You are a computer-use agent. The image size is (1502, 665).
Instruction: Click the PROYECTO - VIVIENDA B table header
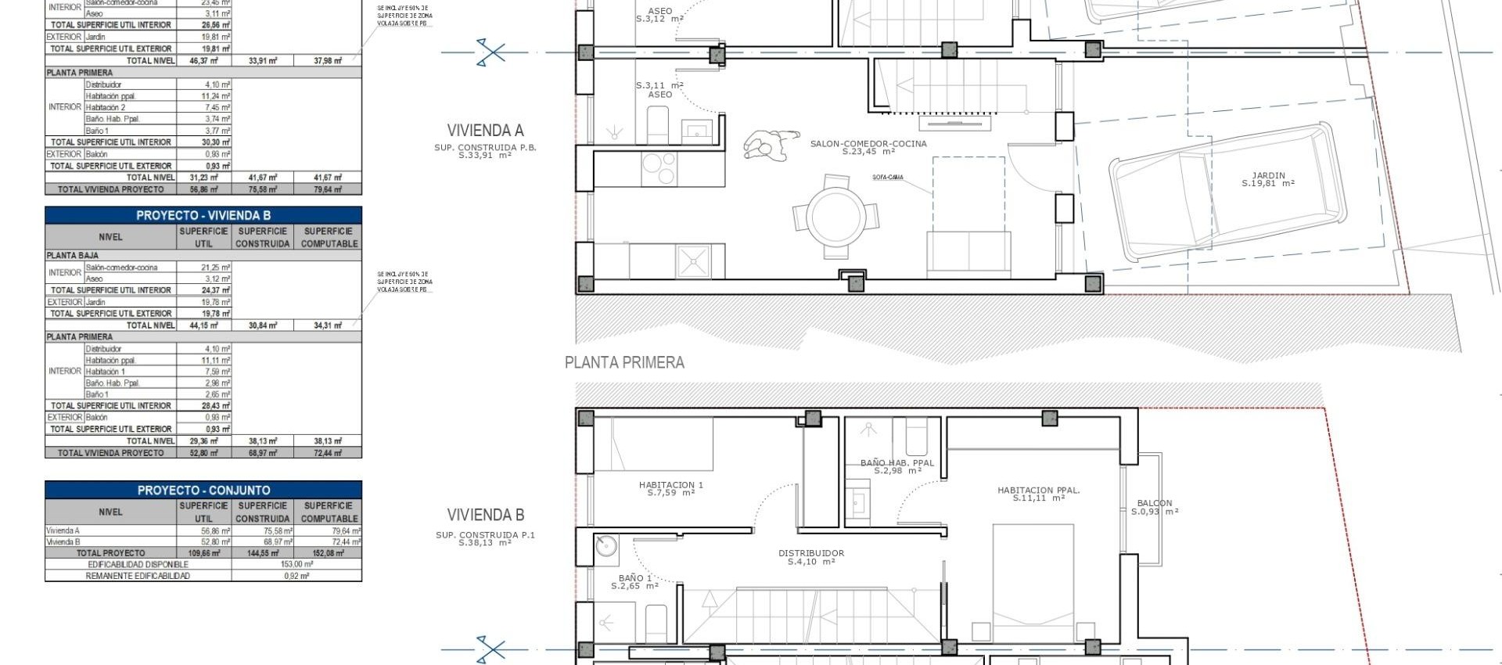click(x=203, y=215)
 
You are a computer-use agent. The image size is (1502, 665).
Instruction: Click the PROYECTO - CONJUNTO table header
click(x=203, y=491)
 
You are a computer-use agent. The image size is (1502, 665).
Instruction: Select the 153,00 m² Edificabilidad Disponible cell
click(x=296, y=564)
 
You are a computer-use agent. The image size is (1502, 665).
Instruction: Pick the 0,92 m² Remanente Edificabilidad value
click(x=296, y=576)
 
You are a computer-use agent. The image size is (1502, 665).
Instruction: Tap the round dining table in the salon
click(x=835, y=215)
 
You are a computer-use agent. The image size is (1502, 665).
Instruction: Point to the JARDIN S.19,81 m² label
click(x=1268, y=179)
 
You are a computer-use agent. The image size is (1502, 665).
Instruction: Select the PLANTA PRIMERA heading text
click(x=624, y=362)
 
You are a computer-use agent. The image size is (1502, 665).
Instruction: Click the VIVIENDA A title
click(x=485, y=131)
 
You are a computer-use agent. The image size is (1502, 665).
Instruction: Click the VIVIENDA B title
click(x=485, y=515)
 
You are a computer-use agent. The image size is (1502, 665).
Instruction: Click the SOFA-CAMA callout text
click(x=887, y=178)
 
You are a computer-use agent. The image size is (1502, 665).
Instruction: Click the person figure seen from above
click(x=770, y=146)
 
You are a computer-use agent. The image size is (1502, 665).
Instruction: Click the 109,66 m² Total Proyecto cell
click(x=203, y=552)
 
